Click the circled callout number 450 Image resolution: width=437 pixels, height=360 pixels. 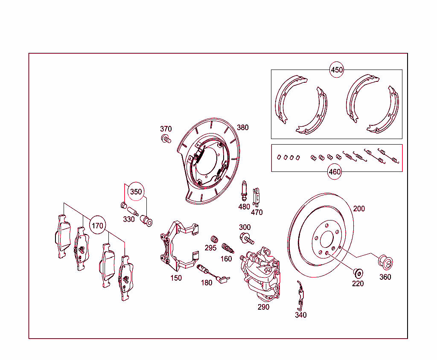coord(337,70)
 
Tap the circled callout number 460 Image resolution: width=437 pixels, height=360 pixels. coord(335,171)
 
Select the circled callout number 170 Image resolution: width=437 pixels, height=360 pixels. coord(98,226)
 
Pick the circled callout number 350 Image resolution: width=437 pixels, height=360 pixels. coord(136,192)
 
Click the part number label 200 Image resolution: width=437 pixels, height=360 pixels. coord(359,209)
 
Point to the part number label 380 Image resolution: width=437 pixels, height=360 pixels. coord(242,128)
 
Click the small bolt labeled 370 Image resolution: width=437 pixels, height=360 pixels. coord(166,139)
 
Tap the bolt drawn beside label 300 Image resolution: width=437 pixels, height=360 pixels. coord(246,238)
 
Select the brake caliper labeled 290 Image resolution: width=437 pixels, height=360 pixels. coord(260,271)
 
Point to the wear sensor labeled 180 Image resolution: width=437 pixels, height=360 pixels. coord(212,273)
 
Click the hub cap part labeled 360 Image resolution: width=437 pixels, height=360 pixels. coord(386,262)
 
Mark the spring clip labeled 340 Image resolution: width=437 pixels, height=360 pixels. coord(301,296)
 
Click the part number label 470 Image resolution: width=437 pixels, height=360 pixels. coord(256,212)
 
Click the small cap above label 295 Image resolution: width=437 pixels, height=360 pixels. coord(214,239)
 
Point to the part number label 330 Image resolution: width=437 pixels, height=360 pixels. coord(129,219)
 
